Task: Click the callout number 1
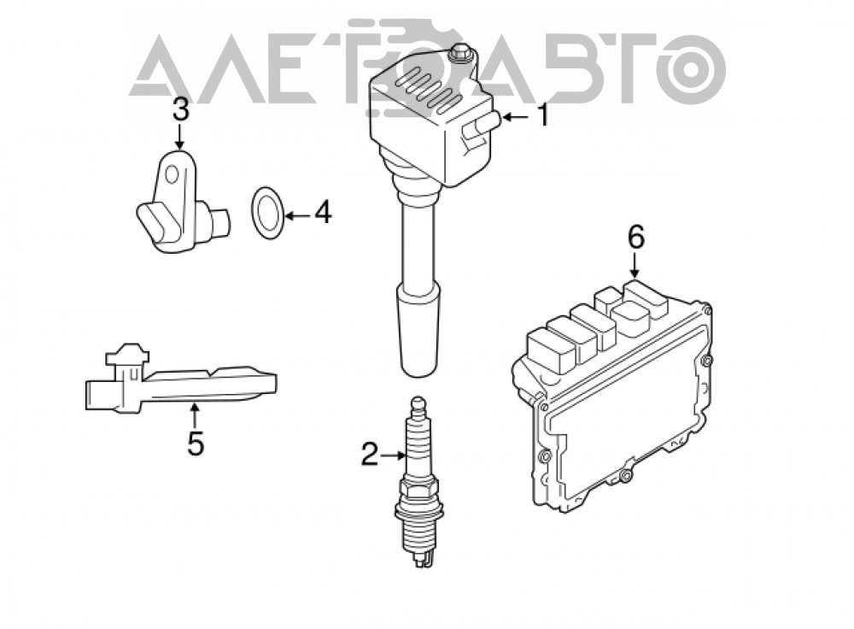click(542, 116)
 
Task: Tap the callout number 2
click(369, 455)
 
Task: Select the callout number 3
click(181, 109)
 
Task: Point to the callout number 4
click(323, 212)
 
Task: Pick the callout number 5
click(196, 444)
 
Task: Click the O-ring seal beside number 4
click(267, 213)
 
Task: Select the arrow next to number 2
click(393, 455)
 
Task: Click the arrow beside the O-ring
click(298, 216)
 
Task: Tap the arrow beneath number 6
click(635, 266)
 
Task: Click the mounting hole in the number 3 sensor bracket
click(173, 174)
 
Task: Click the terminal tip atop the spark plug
click(418, 406)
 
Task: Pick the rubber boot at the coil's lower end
click(418, 332)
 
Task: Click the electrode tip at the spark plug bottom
click(419, 560)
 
